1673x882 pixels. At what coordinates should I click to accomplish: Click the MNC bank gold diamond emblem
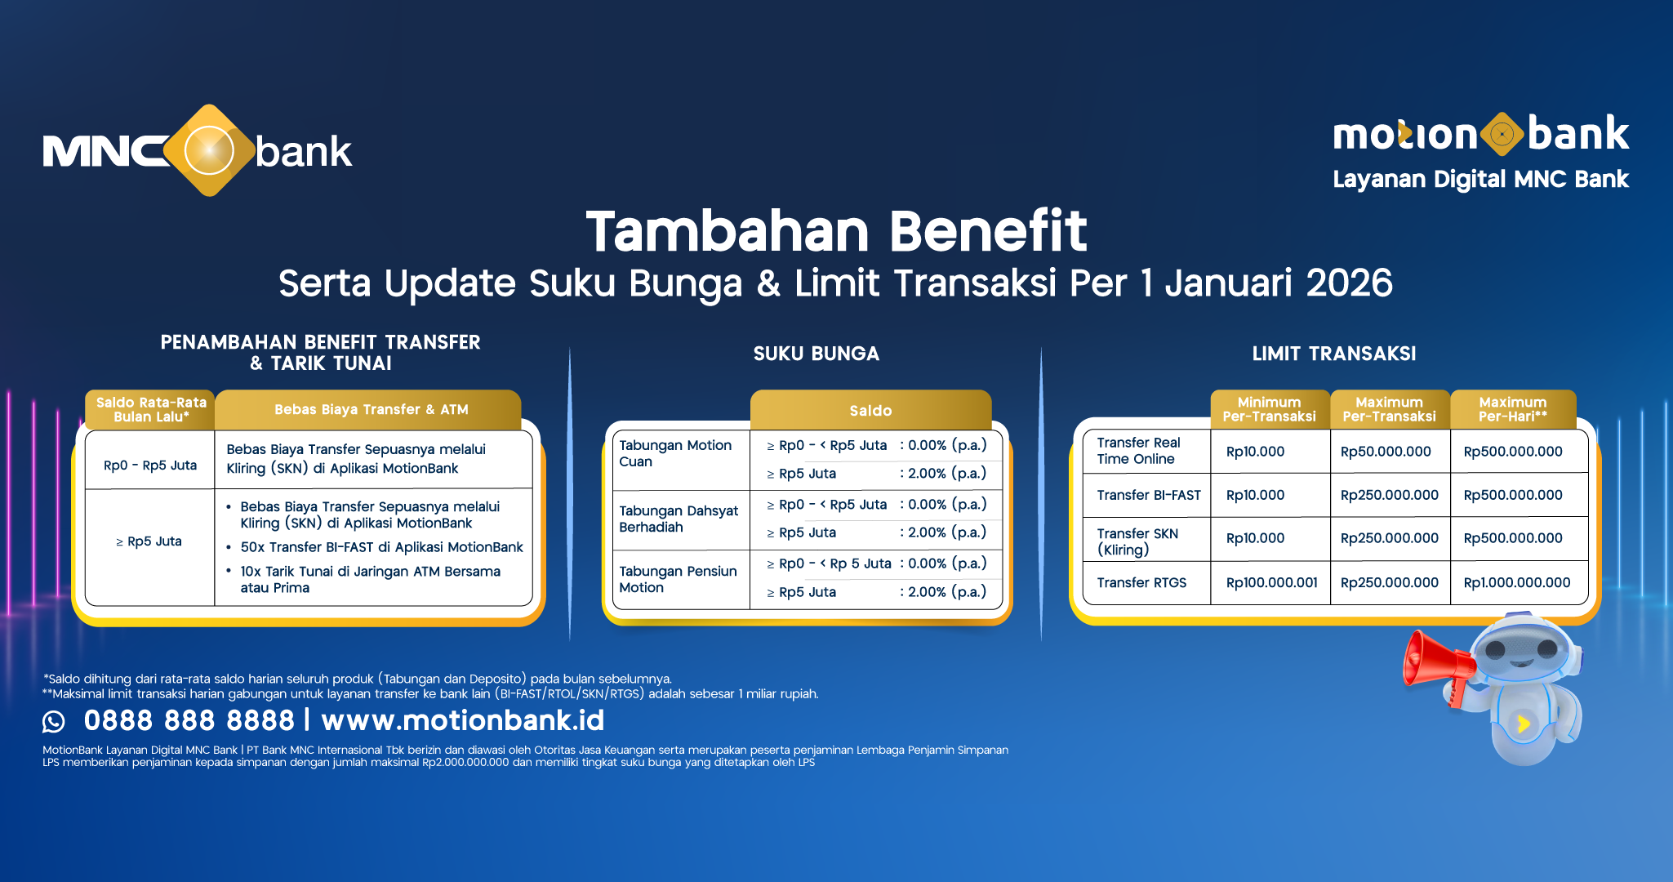click(209, 150)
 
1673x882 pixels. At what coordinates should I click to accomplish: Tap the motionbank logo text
click(1480, 134)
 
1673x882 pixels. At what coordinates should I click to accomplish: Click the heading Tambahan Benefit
click(836, 231)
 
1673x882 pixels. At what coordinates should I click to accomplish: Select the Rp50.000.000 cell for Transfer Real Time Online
click(1386, 452)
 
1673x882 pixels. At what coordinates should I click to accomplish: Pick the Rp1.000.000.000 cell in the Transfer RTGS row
click(1516, 582)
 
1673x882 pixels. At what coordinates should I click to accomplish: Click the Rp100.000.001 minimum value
click(1271, 582)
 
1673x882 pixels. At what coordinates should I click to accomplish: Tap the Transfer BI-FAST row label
click(1148, 495)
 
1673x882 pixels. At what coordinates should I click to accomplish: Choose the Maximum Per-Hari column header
click(1512, 409)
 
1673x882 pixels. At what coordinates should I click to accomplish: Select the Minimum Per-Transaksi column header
click(1269, 409)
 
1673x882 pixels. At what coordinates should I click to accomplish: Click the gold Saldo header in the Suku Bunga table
click(870, 411)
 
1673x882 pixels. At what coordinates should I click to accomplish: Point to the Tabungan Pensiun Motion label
click(678, 579)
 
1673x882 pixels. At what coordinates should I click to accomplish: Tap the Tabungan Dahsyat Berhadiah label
click(678, 519)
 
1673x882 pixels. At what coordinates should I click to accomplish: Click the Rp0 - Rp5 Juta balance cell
click(150, 465)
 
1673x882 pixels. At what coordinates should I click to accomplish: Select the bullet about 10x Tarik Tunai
click(370, 579)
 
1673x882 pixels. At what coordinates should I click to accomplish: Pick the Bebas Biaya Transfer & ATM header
click(371, 409)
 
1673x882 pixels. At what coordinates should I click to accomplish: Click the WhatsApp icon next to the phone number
click(54, 721)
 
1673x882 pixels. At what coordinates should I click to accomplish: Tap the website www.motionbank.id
click(462, 720)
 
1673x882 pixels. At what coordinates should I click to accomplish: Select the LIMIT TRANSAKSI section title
click(1333, 354)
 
